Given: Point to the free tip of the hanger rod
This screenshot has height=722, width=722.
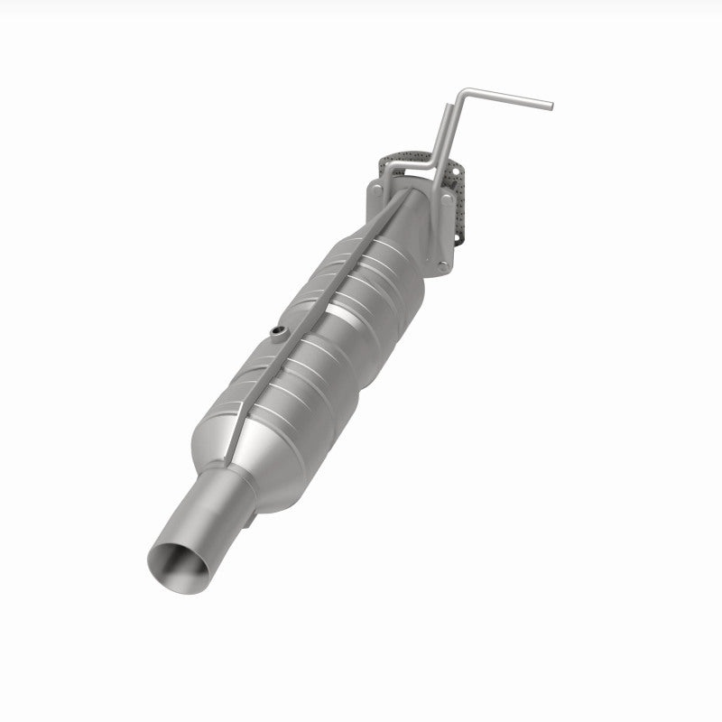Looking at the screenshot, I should [551, 106].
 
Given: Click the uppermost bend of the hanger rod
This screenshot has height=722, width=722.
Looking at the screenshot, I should [464, 92].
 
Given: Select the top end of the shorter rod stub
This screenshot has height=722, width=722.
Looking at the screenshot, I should [449, 106].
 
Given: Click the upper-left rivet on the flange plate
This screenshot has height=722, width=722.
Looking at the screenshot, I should [377, 190].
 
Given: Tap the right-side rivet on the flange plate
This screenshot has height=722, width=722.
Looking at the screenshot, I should [447, 199].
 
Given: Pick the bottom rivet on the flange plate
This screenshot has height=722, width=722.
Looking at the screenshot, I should [442, 266].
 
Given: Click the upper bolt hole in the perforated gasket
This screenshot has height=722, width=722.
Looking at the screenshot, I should [456, 171].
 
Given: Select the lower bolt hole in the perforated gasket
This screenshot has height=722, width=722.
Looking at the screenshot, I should [457, 237].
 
